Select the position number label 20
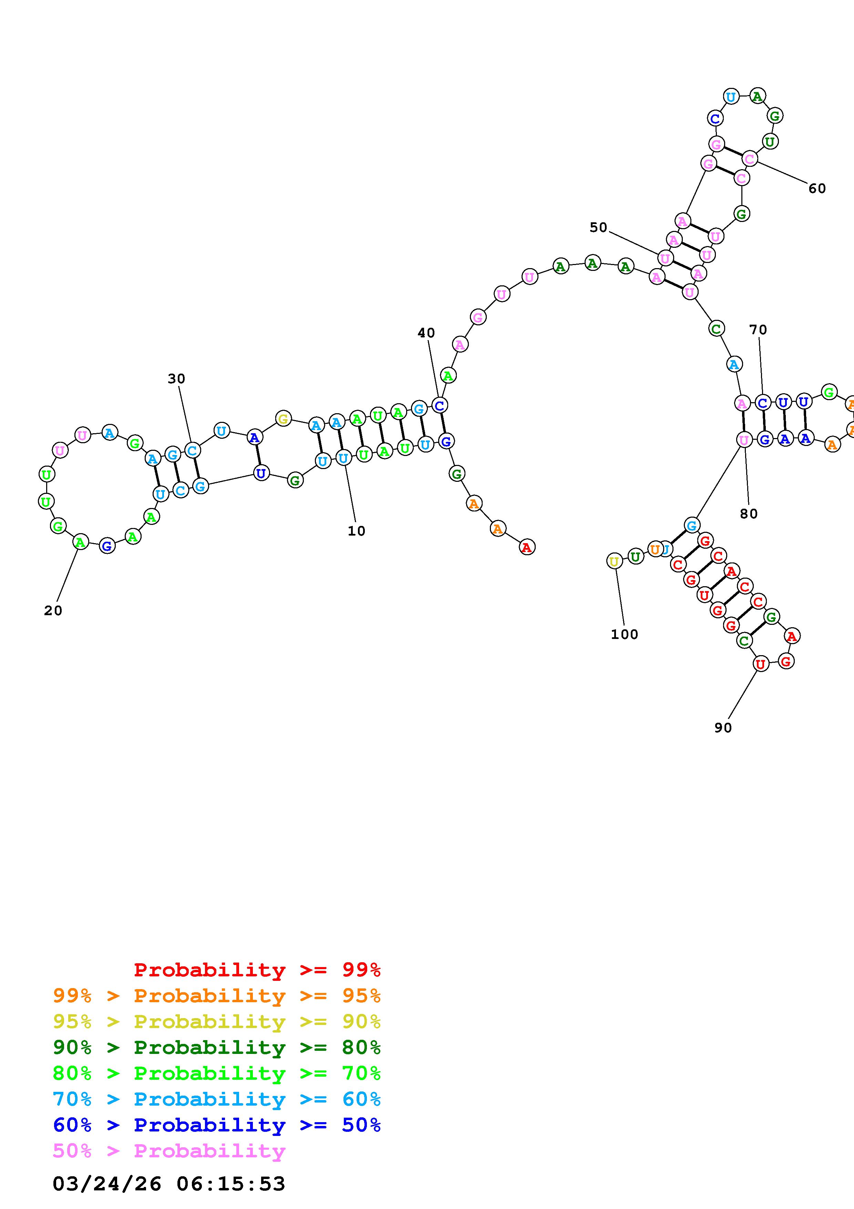53,610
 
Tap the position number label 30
176,379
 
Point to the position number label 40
426,333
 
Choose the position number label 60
817,189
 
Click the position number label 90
723,728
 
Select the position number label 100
625,634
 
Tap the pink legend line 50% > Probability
169,1151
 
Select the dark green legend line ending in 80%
217,1047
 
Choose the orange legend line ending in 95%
217,996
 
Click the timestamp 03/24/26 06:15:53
169,1184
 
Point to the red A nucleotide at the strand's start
527,548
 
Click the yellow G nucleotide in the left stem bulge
283,419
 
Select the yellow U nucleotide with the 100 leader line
614,561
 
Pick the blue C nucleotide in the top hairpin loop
714,119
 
